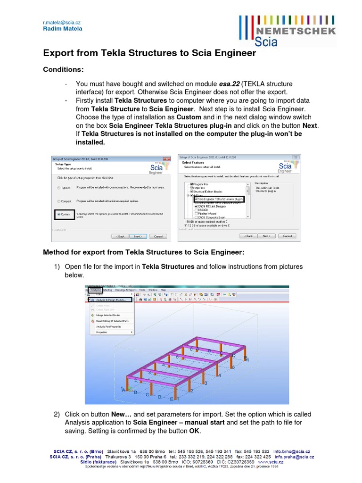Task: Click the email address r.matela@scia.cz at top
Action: [x=62, y=22]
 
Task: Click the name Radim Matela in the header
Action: [x=62, y=29]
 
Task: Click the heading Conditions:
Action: [x=63, y=69]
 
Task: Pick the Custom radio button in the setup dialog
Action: [x=58, y=214]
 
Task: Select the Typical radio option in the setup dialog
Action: [x=58, y=187]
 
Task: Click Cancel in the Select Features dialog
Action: [x=287, y=236]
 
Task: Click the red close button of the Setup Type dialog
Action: [x=166, y=158]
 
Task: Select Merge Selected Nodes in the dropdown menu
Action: [x=108, y=315]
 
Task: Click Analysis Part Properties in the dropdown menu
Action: [x=109, y=326]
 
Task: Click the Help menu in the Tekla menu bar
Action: [x=163, y=290]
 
